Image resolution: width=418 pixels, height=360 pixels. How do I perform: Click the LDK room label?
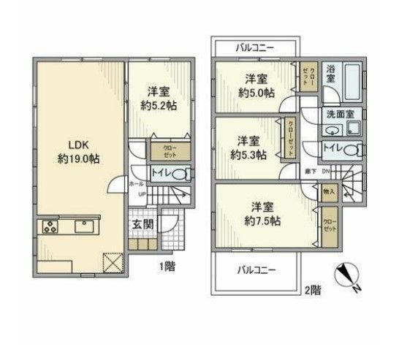pos(69,144)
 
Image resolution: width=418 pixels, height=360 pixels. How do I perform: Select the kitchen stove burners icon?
pos(49,226)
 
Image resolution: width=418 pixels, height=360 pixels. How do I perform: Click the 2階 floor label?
pos(312,290)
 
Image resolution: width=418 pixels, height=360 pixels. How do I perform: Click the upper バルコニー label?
pos(255,48)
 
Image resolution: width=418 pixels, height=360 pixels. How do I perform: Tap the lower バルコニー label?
pos(256,270)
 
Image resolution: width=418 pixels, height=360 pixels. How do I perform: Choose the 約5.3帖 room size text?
pos(248,154)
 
